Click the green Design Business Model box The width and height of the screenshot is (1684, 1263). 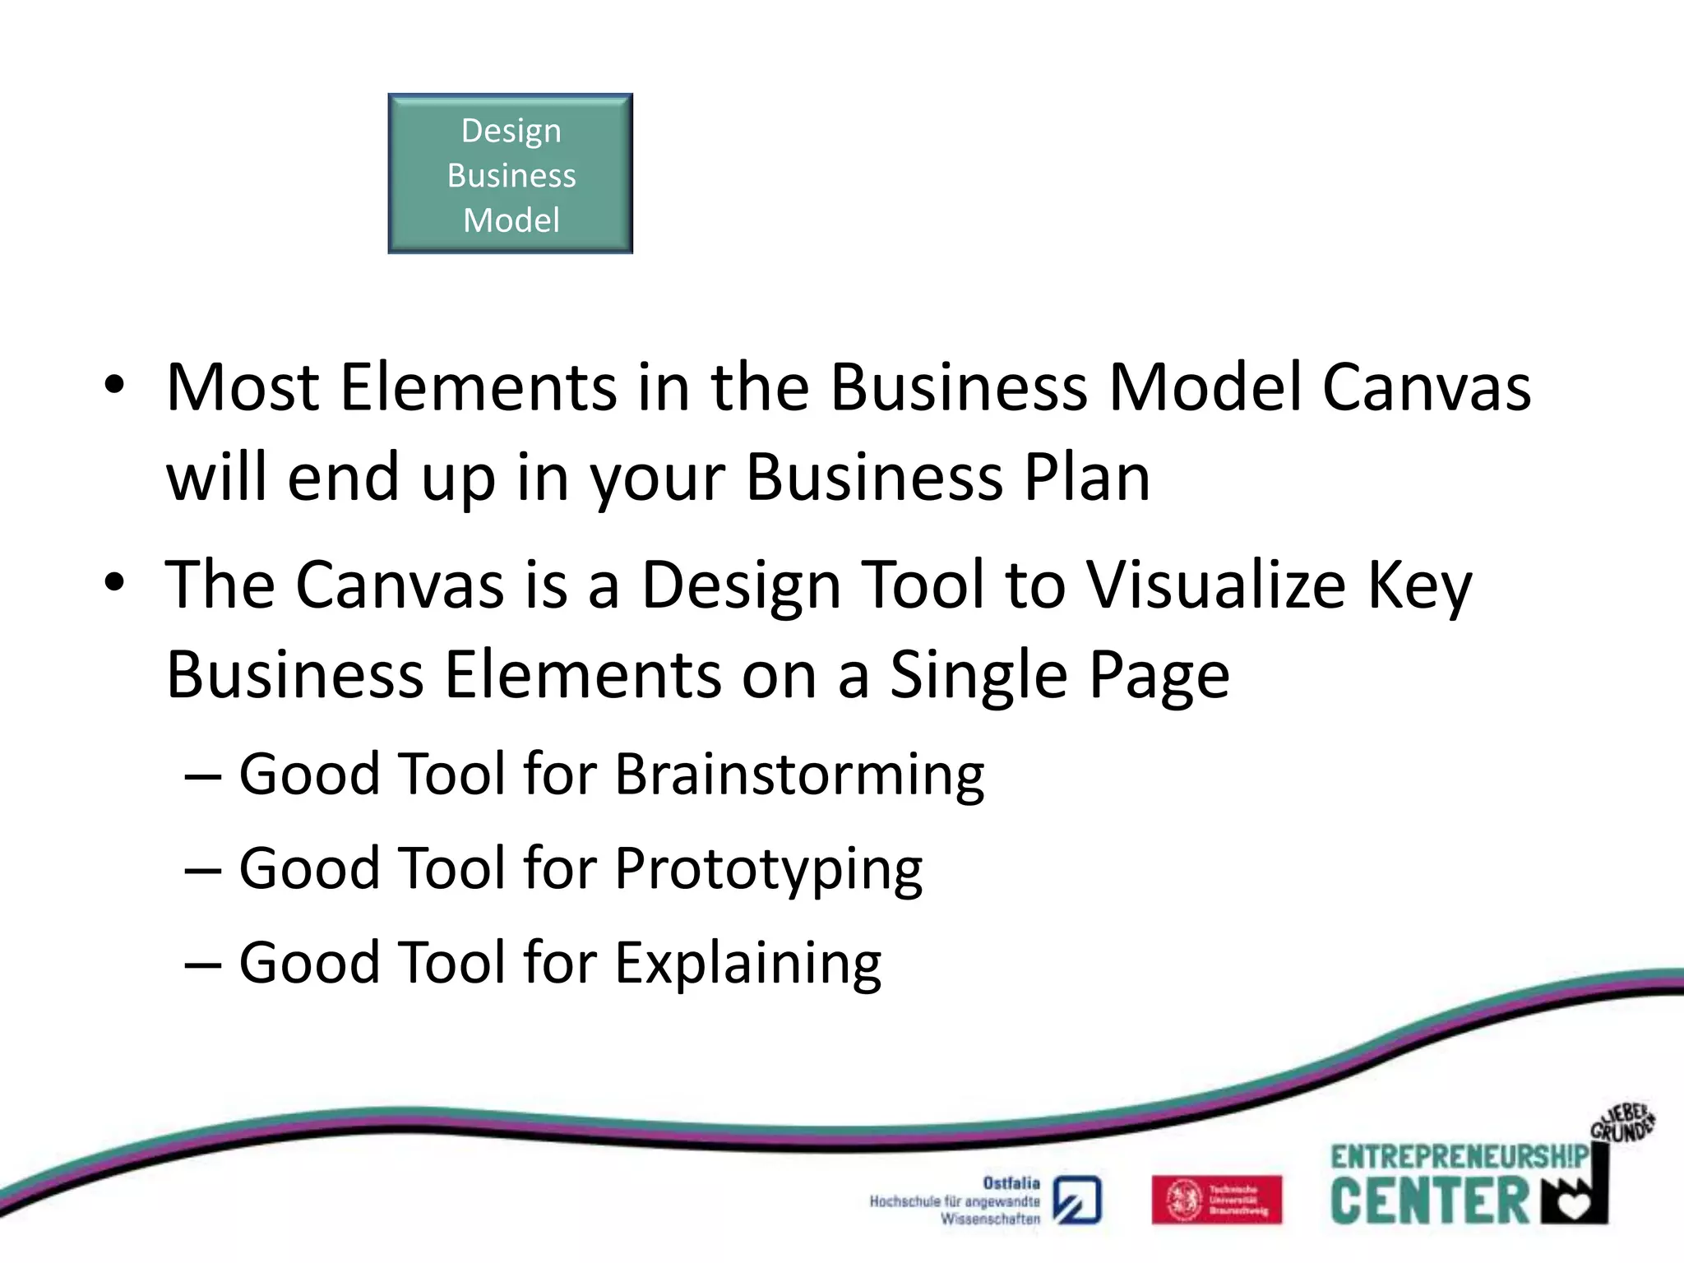510,173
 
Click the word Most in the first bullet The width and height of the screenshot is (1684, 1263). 243,387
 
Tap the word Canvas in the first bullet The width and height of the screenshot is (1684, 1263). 1427,387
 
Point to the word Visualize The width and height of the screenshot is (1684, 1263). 1217,585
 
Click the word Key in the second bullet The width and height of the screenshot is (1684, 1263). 1420,585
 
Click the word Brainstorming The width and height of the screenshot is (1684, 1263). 799,775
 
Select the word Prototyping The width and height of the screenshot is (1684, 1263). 769,869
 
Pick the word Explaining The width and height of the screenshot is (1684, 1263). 748,963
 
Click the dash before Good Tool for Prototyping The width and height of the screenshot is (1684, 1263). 203,870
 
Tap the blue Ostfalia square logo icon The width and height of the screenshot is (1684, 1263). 1077,1201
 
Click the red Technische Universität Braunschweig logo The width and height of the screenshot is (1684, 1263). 1216,1200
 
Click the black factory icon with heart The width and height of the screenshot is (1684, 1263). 1575,1196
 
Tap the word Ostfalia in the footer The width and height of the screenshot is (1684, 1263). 1011,1183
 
